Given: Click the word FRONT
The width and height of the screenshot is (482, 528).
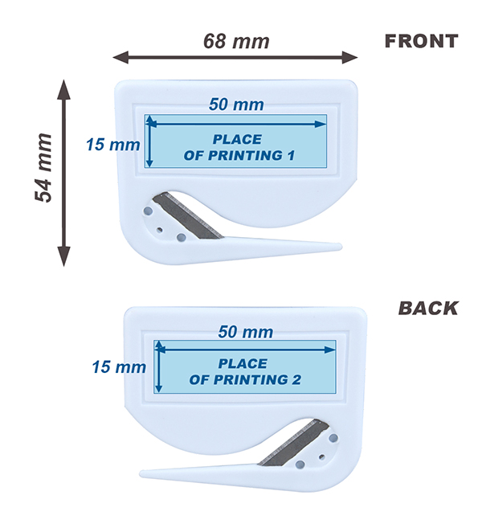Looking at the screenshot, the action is point(421,42).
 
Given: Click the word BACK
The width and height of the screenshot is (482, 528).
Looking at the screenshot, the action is point(428,308).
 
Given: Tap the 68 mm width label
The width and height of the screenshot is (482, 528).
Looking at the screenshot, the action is point(236,42).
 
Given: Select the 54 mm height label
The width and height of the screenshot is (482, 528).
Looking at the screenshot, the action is point(43,168).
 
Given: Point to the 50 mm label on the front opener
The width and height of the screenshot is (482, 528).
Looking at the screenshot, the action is point(236,104).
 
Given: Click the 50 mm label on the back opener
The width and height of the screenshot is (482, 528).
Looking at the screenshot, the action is point(245,332).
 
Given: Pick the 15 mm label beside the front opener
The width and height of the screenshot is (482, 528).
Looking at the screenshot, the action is point(113,145).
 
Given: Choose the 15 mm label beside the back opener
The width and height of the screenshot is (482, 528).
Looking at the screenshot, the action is point(119,367).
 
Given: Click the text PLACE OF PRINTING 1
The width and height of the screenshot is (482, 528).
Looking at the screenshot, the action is point(239,148).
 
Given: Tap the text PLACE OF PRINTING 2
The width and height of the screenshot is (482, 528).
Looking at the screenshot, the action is point(245,372).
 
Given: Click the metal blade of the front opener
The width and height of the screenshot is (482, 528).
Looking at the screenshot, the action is point(187,215).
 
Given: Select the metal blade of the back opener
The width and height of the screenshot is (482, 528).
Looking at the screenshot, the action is point(293,443).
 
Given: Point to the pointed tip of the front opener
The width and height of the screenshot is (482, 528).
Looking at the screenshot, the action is point(341,247).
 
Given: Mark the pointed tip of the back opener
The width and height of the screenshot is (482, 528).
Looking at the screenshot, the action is point(141,474).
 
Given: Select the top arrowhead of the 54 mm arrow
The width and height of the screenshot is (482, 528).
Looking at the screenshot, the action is point(63,89).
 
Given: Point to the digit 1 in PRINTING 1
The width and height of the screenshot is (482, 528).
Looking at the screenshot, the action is point(291,156).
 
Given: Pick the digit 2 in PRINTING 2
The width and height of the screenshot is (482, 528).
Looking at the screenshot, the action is point(296,380).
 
